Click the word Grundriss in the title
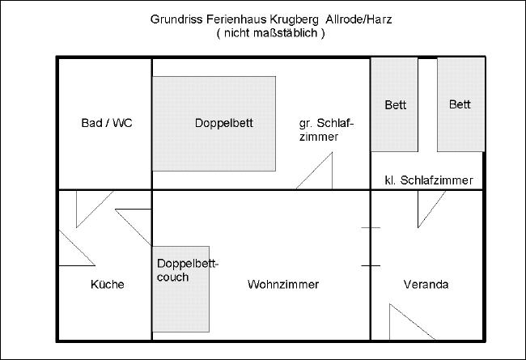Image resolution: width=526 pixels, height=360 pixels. click(176, 19)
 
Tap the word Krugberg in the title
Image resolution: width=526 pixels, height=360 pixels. click(295, 19)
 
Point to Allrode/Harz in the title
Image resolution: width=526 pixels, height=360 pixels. click(358, 19)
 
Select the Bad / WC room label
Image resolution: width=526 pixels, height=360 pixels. click(107, 123)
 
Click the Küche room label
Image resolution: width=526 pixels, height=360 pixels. click(108, 285)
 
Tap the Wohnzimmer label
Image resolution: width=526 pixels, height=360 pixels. click(283, 285)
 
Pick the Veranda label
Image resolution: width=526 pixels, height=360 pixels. click(426, 285)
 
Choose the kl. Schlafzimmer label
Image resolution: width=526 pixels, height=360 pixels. click(429, 180)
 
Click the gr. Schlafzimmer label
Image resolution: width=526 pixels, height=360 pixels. click(326, 129)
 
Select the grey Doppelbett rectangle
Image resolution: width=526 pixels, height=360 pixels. click(214, 124)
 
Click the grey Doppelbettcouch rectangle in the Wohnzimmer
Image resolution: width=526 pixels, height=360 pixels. click(180, 289)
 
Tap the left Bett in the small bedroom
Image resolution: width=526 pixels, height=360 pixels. click(394, 104)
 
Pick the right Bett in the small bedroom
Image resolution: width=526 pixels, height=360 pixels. click(461, 104)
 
